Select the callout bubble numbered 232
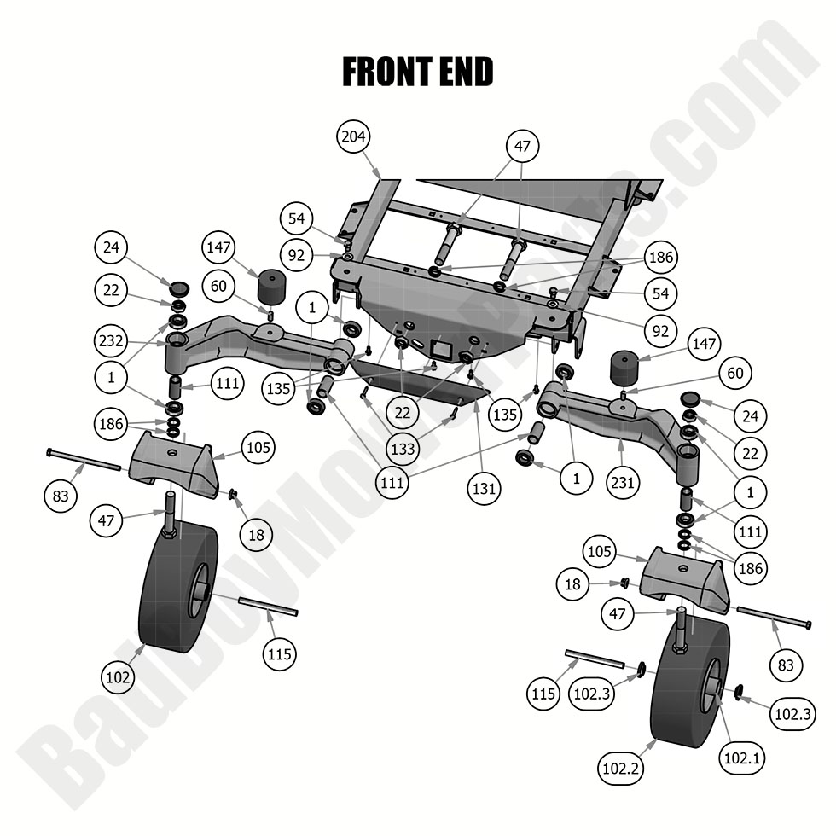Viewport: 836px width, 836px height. pos(112,341)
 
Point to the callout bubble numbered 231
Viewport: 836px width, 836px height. pos(624,482)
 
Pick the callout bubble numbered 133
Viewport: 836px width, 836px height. pos(403,447)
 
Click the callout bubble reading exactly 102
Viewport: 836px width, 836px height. pos(118,677)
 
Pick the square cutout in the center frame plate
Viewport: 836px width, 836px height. pos(442,348)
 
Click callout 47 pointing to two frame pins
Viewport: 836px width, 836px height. pos(521,147)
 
